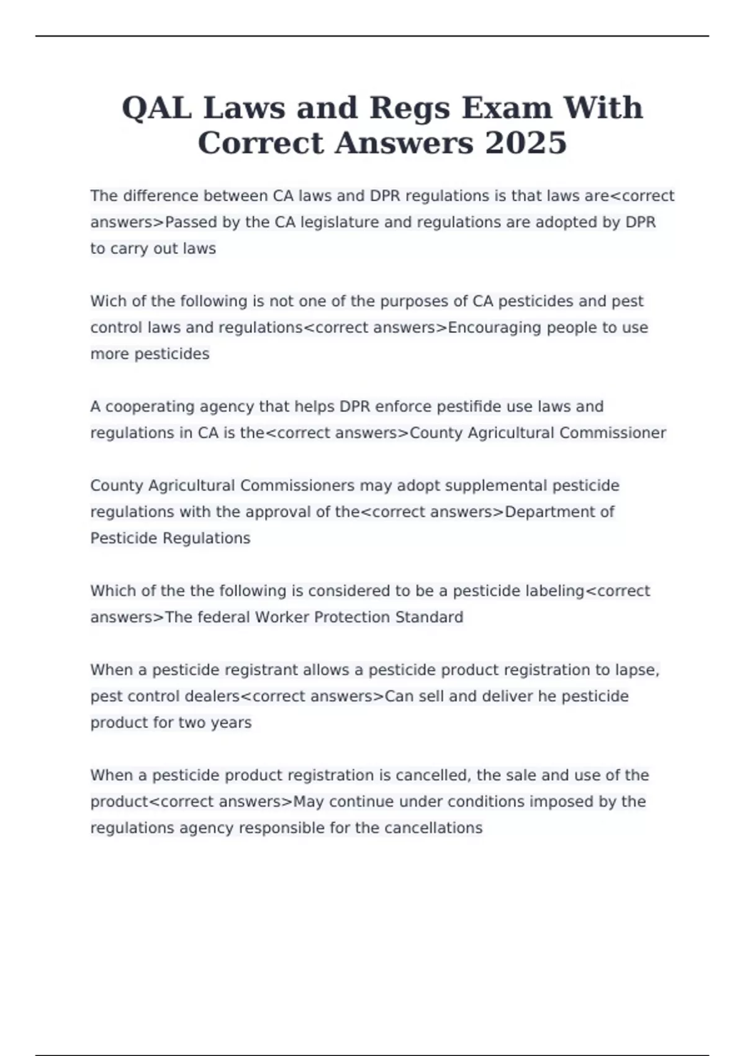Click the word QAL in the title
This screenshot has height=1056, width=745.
157,108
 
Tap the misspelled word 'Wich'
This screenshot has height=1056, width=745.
109,301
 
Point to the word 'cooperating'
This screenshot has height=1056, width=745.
148,407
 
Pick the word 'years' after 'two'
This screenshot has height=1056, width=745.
231,723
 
